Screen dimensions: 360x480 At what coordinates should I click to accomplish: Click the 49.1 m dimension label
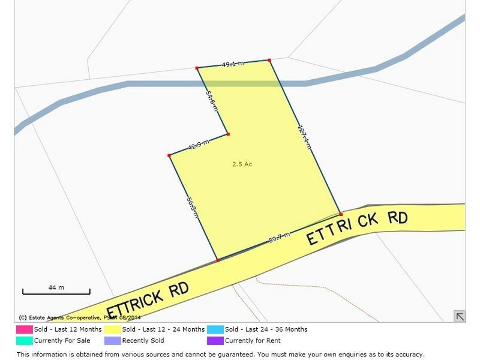pyautogui.click(x=233, y=64)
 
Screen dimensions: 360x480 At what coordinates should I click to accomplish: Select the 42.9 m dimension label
pyautogui.click(x=198, y=145)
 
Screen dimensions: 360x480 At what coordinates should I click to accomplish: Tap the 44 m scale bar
pyautogui.click(x=56, y=291)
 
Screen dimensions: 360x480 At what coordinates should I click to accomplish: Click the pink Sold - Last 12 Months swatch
pyautogui.click(x=24, y=329)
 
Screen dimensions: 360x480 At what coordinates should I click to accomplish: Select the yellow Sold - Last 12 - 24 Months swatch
pyautogui.click(x=112, y=329)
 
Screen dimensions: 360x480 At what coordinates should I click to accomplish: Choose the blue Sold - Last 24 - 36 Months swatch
pyautogui.click(x=215, y=329)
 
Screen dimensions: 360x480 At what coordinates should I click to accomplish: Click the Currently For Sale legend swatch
pyautogui.click(x=24, y=340)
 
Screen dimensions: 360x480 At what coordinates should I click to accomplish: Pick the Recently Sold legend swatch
pyautogui.click(x=112, y=340)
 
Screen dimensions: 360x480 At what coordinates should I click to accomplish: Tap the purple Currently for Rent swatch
pyautogui.click(x=215, y=340)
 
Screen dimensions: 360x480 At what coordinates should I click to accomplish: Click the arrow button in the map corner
pyautogui.click(x=460, y=316)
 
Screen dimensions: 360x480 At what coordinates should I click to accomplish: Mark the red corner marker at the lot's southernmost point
pyautogui.click(x=217, y=260)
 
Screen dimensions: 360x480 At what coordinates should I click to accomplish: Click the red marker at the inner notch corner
pyautogui.click(x=228, y=134)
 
